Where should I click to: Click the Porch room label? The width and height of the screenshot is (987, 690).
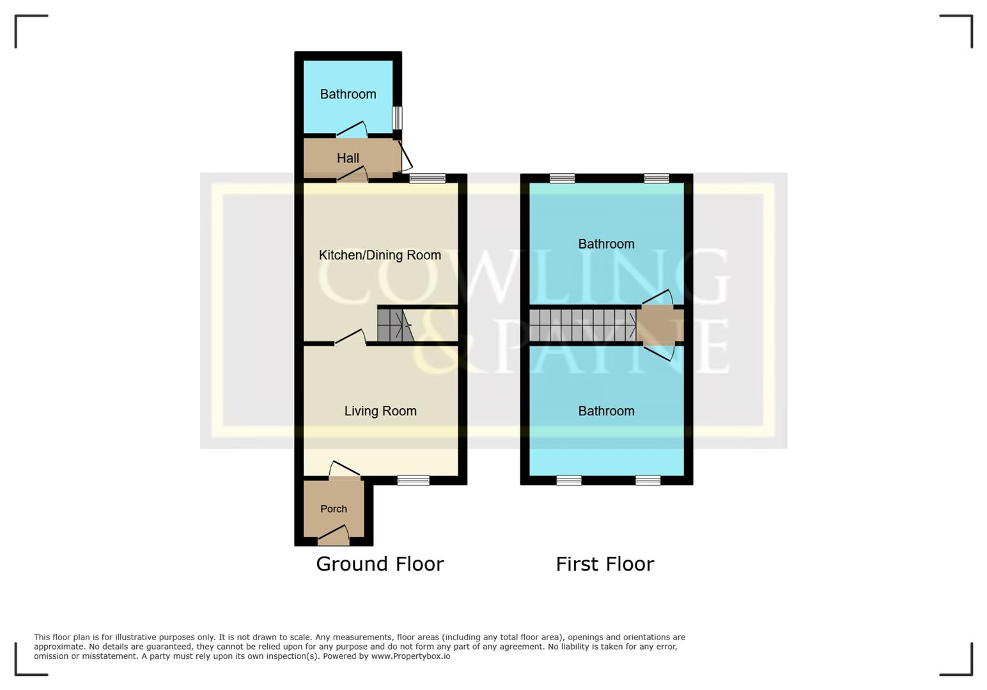tap(334, 509)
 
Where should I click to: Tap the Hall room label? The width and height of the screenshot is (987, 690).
tap(348, 158)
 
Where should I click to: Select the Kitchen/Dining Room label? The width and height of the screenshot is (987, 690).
tap(380, 255)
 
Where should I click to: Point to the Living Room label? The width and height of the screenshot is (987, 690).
tap(380, 411)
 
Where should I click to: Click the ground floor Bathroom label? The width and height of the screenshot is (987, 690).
tap(348, 94)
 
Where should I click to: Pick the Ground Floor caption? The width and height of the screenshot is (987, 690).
tap(380, 563)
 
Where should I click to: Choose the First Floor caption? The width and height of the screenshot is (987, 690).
tap(605, 563)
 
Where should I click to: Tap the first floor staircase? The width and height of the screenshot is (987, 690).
tap(582, 325)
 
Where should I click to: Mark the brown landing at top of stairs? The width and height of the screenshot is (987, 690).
tap(660, 325)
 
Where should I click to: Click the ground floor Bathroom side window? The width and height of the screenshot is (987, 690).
tap(397, 118)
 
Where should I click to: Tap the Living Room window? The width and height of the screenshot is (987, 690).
tap(413, 480)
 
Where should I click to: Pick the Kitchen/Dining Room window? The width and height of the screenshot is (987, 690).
tap(427, 178)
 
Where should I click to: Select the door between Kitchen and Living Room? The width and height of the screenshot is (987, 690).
tap(350, 337)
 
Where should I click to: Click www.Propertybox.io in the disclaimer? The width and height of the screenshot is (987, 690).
tap(410, 656)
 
